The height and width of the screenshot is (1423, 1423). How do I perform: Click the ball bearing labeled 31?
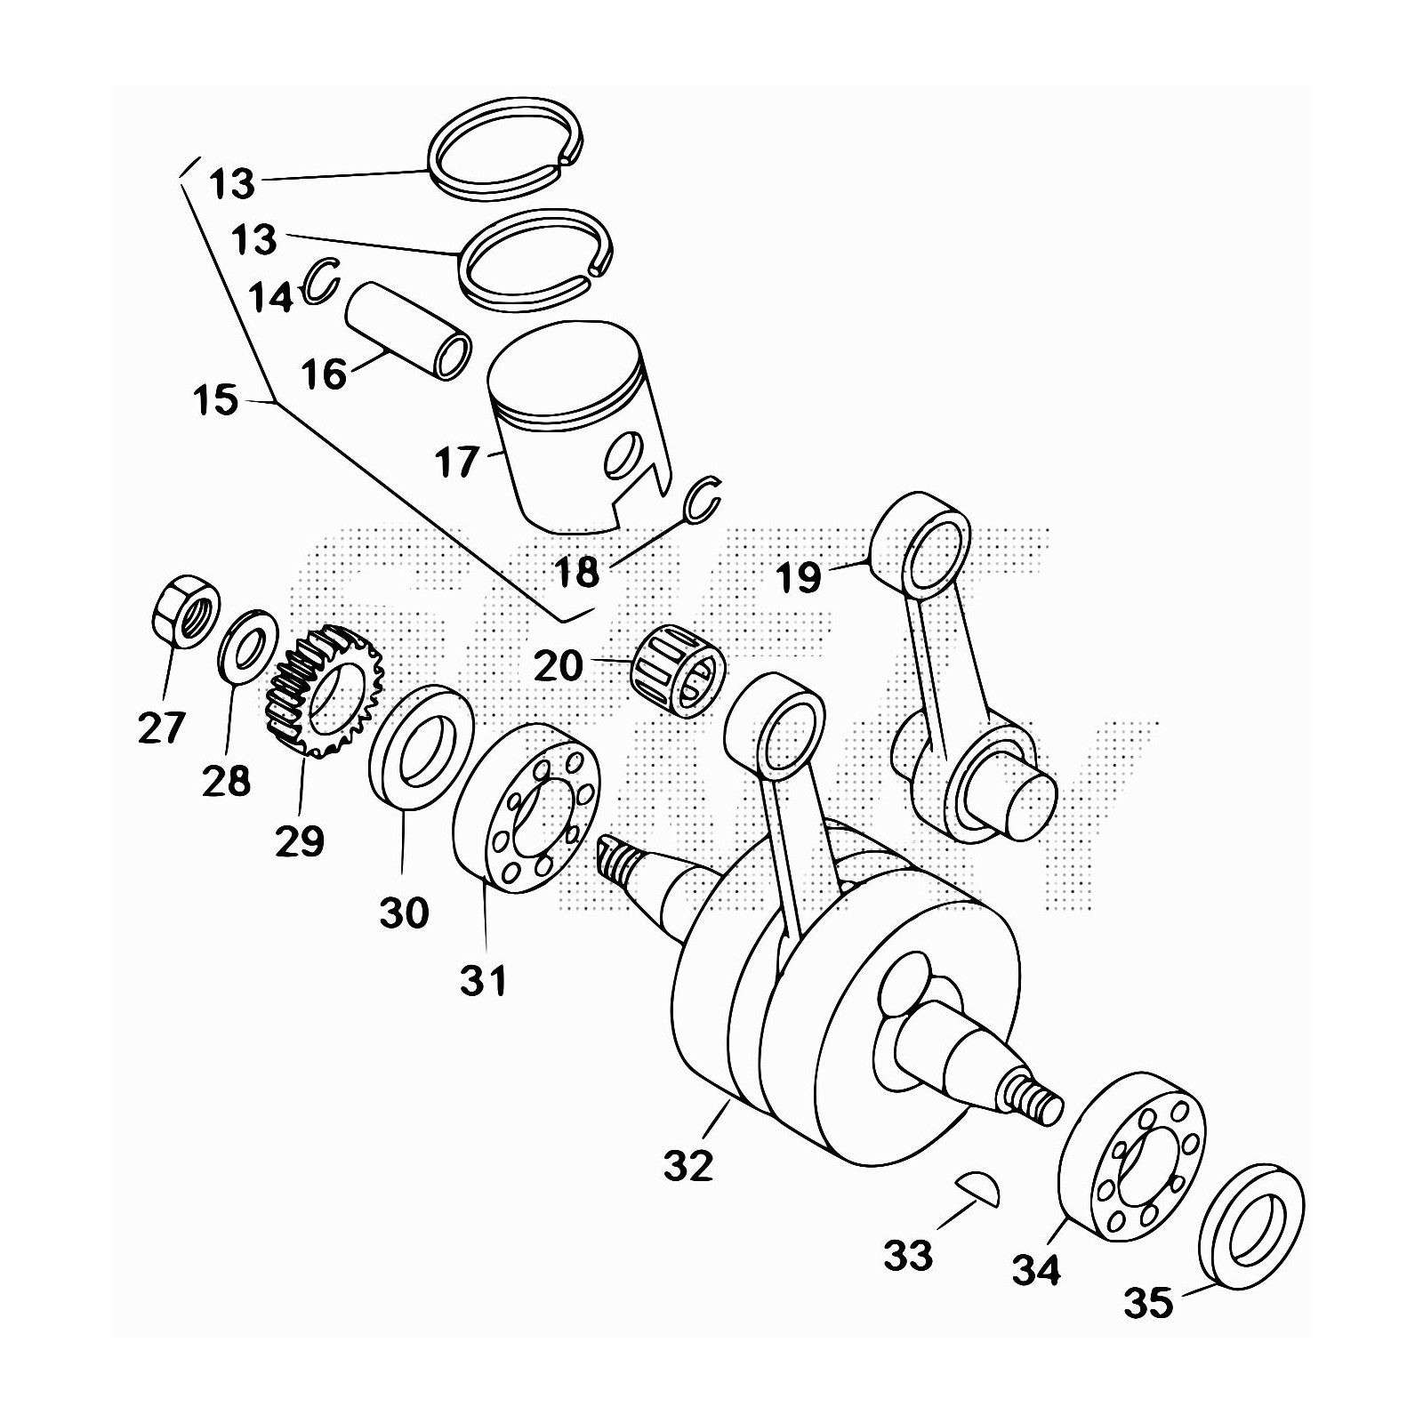pos(527,808)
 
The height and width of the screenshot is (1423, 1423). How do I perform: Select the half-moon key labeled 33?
pos(979,1189)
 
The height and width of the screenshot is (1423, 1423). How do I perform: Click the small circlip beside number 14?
pos(320,280)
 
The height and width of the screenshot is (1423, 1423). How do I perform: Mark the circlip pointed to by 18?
pos(703,498)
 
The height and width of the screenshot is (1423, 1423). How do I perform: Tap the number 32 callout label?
pos(688,1165)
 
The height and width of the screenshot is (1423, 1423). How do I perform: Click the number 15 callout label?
pos(215,400)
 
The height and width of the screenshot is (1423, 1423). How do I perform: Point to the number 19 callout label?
pos(798,578)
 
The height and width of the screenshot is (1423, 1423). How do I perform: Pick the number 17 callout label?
pos(457,463)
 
